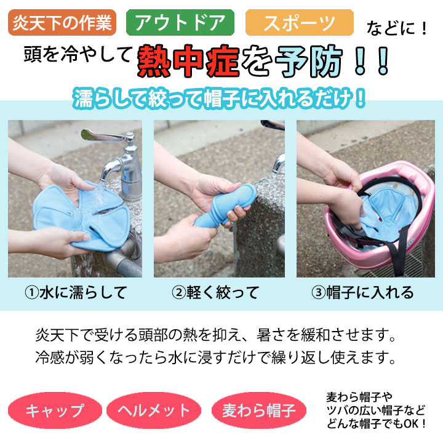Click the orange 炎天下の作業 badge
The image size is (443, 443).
[x=62, y=23]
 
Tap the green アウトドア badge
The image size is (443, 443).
[x=180, y=23]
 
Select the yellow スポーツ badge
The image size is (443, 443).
[x=300, y=23]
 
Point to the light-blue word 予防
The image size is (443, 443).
[x=309, y=62]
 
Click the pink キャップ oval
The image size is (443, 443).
[x=55, y=410]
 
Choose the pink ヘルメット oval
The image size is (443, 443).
[x=154, y=410]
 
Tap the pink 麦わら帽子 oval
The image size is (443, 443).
[x=259, y=410]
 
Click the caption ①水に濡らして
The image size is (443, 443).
[x=76, y=292]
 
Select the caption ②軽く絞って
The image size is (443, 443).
[x=215, y=292]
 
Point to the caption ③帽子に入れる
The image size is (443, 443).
[x=363, y=292]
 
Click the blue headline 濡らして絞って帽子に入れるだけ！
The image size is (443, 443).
[x=219, y=98]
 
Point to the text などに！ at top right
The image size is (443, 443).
[x=397, y=28]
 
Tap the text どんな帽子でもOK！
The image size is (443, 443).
[x=377, y=423]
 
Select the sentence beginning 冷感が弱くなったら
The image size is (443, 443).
[x=215, y=357]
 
